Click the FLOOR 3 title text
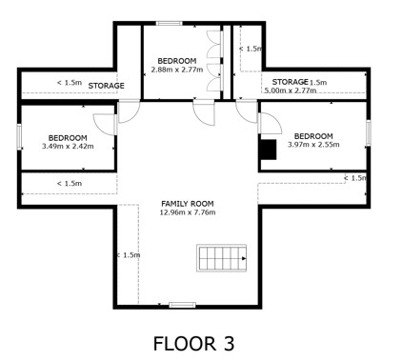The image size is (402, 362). (x=193, y=344)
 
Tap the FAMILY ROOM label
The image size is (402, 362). (x=188, y=204)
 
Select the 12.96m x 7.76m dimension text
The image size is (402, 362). (x=188, y=212)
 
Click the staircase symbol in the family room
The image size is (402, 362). (x=222, y=258)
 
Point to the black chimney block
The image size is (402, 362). (x=269, y=150)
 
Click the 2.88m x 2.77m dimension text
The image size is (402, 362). (x=177, y=70)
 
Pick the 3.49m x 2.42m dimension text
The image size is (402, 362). (x=68, y=147)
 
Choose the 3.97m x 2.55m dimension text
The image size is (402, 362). (x=313, y=145)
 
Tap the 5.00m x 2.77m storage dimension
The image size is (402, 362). (x=291, y=90)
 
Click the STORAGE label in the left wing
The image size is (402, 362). (x=106, y=86)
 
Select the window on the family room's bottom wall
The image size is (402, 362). (x=182, y=305)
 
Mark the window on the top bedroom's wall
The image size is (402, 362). (x=170, y=23)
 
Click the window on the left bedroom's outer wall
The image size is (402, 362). (x=19, y=137)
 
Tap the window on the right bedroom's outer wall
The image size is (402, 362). (x=369, y=133)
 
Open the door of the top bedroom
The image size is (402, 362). (x=204, y=112)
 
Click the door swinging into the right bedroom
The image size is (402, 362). (x=271, y=124)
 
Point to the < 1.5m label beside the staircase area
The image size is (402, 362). (x=129, y=255)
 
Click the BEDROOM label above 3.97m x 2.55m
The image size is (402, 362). (x=313, y=136)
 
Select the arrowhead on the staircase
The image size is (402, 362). (x=244, y=258)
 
